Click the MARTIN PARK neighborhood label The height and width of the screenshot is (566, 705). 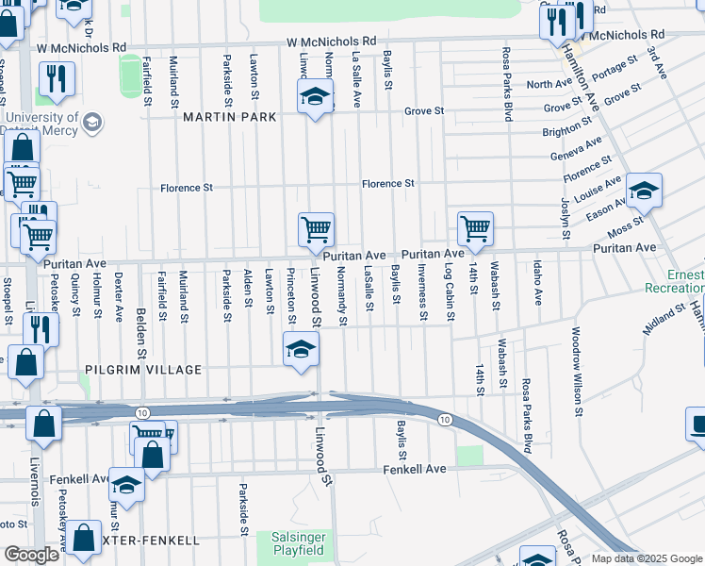(x=229, y=117)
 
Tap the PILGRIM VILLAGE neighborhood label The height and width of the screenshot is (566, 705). (x=142, y=370)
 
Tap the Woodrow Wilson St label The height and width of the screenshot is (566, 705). (x=576, y=372)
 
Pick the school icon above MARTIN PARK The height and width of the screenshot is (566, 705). (x=316, y=97)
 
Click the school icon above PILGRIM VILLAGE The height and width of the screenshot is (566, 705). (x=301, y=351)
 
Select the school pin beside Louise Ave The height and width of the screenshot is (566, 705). (x=643, y=191)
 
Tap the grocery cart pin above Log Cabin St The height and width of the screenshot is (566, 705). (x=475, y=228)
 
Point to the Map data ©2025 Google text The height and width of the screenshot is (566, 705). (x=647, y=558)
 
